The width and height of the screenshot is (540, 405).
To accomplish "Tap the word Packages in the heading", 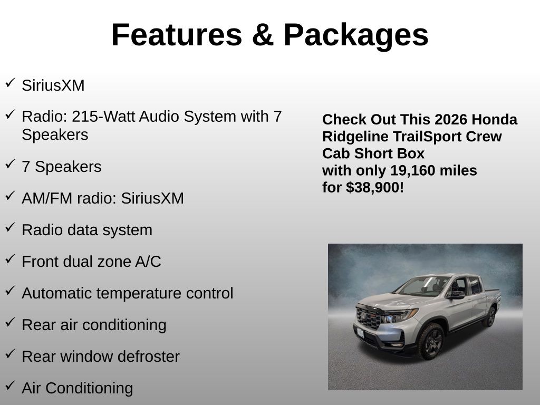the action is click(x=356, y=36).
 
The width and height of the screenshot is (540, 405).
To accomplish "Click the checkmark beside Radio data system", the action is click(x=11, y=227).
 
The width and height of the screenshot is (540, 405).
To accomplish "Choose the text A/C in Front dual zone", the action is click(x=148, y=262).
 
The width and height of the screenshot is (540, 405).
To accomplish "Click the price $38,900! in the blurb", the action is click(x=375, y=188).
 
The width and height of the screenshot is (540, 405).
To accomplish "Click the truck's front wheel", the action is click(x=431, y=341).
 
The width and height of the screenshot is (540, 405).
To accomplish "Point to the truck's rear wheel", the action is click(x=490, y=316).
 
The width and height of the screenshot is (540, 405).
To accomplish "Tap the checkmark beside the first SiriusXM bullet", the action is click(x=11, y=82).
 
